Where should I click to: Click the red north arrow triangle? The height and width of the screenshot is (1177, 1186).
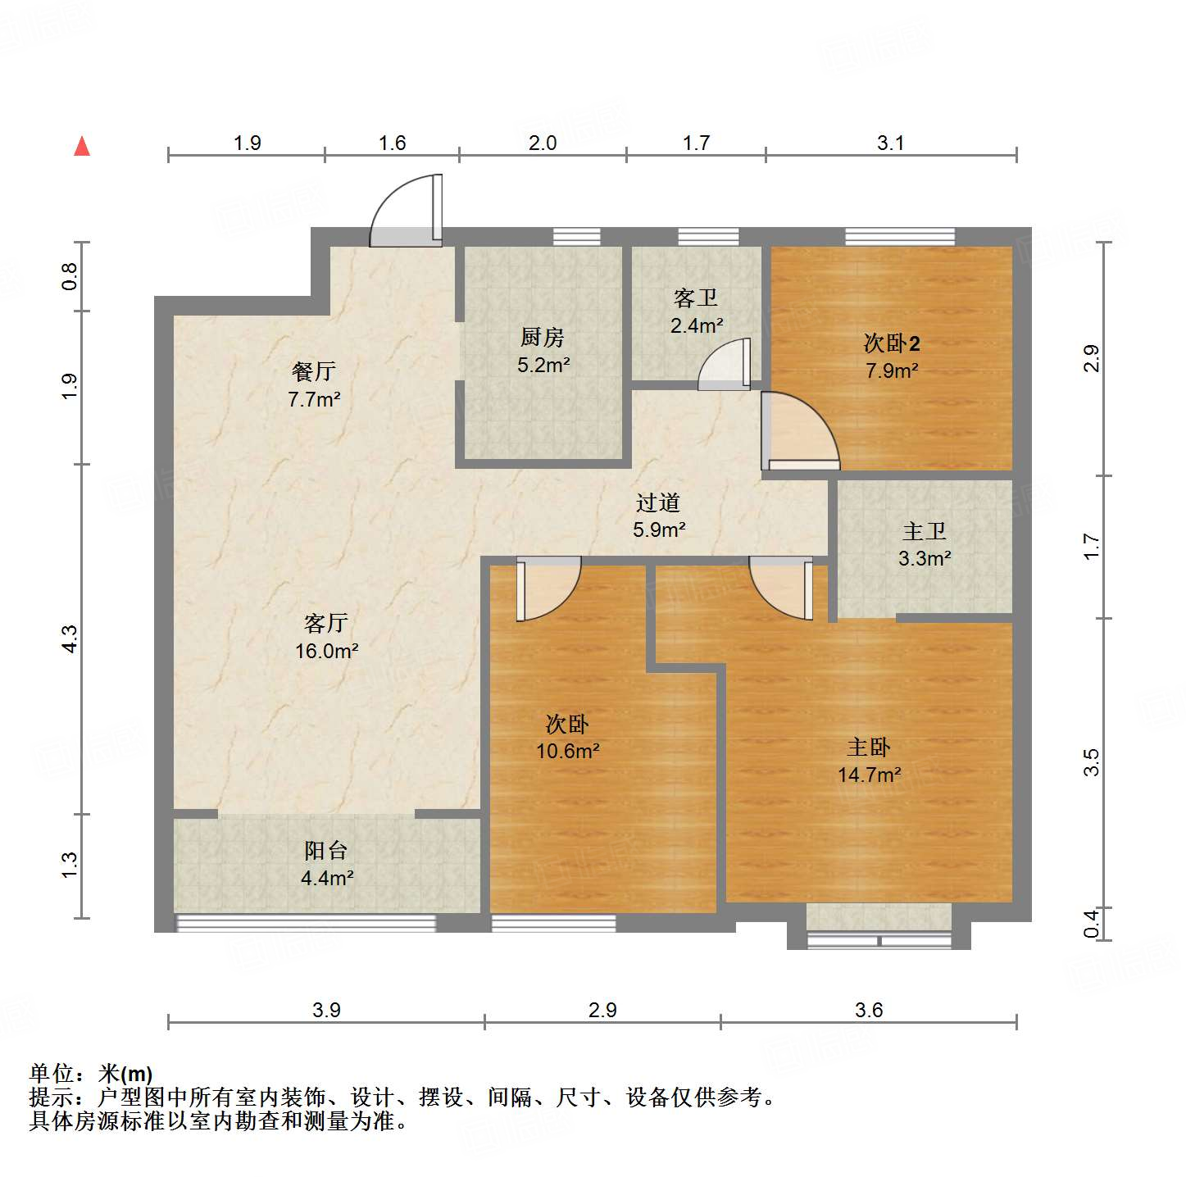click(82, 147)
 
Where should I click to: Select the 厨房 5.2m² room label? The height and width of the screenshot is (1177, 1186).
click(543, 351)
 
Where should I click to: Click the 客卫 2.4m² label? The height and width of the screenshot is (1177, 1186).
click(696, 311)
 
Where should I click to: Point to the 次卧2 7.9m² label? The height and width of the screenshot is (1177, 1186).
click(892, 357)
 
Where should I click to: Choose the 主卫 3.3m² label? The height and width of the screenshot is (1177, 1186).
click(925, 545)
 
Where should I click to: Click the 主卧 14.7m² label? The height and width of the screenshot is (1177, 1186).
click(869, 761)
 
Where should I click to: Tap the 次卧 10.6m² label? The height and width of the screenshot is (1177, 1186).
click(567, 737)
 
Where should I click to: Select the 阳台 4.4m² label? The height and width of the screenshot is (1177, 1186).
click(326, 864)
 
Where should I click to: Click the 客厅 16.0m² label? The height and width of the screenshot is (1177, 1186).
click(326, 637)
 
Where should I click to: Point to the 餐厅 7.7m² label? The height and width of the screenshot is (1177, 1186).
click(314, 385)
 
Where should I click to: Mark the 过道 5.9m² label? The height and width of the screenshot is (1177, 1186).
click(658, 516)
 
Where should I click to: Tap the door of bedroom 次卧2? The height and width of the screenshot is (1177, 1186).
click(798, 432)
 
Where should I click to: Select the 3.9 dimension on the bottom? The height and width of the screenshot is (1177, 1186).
click(326, 1010)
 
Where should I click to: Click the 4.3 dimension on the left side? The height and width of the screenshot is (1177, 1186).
click(70, 638)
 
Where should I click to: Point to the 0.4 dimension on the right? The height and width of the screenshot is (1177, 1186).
click(1091, 924)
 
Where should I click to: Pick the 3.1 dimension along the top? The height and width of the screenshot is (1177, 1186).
click(890, 143)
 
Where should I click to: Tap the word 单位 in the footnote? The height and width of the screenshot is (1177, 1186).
click(52, 1073)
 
